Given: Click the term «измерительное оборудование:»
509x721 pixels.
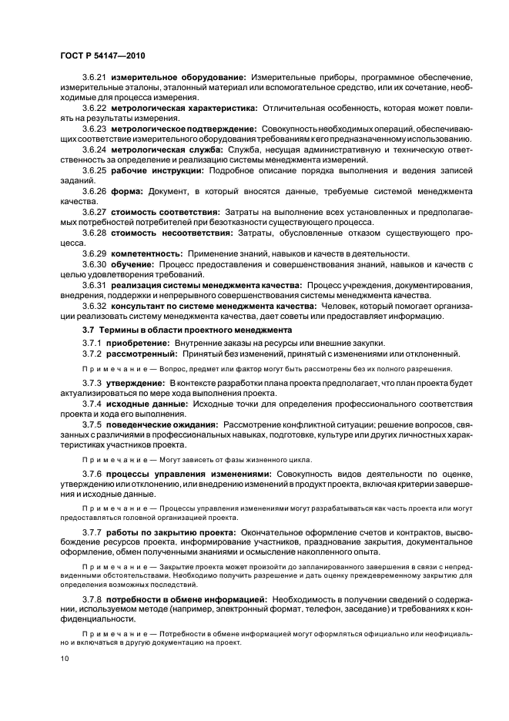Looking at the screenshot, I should pos(178,78).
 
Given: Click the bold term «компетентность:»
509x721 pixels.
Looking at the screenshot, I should pos(146,253).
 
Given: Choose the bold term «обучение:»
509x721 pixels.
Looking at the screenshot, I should pos(136,264).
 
